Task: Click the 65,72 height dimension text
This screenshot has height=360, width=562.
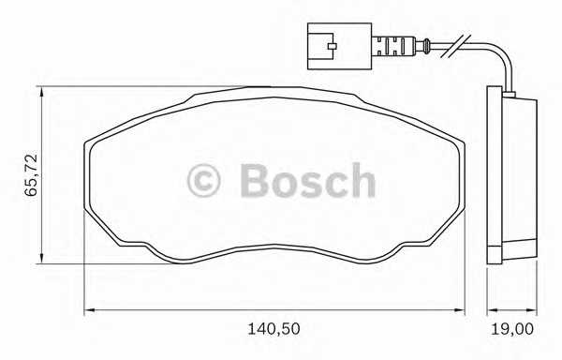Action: click(31, 175)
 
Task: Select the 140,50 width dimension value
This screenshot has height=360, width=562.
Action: click(274, 329)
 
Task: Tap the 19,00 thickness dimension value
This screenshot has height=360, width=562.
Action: click(511, 329)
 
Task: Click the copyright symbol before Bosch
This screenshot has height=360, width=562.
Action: click(203, 181)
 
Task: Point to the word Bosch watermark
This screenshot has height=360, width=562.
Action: click(308, 180)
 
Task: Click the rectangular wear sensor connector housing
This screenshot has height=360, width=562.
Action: click(339, 46)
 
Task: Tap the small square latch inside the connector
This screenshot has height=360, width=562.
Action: click(333, 46)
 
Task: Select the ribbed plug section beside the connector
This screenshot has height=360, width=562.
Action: click(393, 46)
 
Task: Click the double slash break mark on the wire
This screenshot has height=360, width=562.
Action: click(456, 46)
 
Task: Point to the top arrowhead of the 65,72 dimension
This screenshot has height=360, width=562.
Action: click(42, 91)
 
